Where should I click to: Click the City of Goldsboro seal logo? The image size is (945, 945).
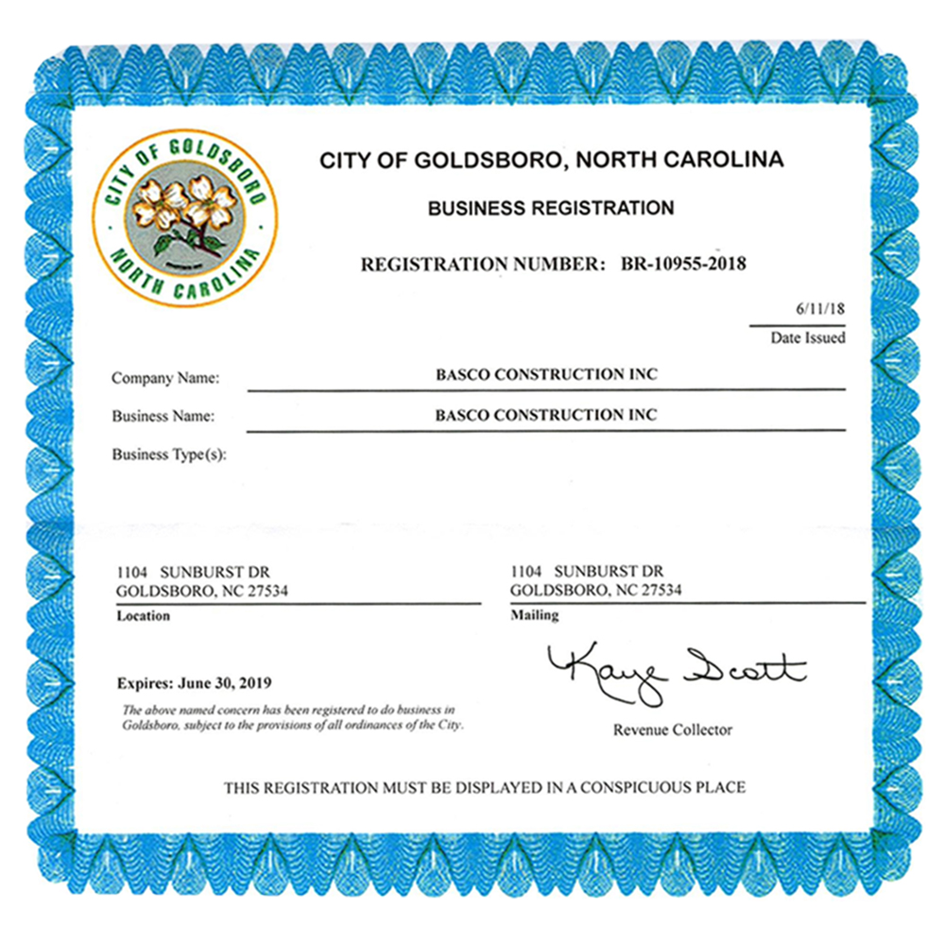click(x=185, y=217)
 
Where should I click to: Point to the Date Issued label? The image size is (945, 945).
click(x=808, y=337)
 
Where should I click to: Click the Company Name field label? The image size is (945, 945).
click(x=165, y=378)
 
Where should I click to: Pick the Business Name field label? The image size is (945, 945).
click(x=163, y=416)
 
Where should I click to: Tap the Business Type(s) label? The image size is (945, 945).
click(x=170, y=455)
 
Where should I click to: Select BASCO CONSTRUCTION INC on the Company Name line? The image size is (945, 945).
click(x=546, y=374)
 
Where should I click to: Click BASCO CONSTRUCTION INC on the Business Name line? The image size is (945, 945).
click(x=546, y=415)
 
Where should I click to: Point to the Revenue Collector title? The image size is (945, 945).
click(x=672, y=730)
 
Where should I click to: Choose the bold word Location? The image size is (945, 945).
click(x=144, y=616)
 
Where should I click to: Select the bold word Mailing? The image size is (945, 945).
click(x=535, y=615)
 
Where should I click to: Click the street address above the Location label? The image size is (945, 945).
click(x=193, y=573)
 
